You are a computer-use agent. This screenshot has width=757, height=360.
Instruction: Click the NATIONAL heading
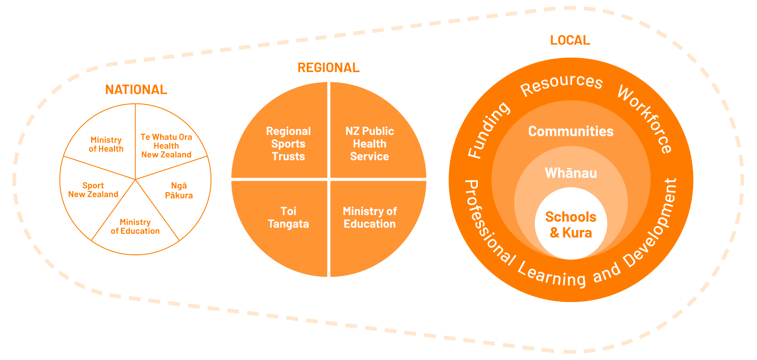(x=136, y=90)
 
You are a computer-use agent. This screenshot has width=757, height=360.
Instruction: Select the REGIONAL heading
(x=328, y=68)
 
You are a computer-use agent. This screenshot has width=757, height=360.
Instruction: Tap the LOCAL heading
(x=570, y=40)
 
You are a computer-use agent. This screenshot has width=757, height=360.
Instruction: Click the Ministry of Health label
(x=106, y=144)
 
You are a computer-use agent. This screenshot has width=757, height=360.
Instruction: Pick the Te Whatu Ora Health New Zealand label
(x=166, y=146)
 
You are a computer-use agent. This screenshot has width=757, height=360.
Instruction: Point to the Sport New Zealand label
(x=93, y=190)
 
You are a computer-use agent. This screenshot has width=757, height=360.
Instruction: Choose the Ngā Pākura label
(x=179, y=190)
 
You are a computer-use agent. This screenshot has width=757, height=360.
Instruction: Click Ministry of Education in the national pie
(x=135, y=227)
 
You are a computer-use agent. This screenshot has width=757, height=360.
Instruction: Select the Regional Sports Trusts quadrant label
(x=288, y=144)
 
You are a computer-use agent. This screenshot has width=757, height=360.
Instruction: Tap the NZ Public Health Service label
(x=369, y=144)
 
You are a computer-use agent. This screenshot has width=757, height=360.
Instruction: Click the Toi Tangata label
(x=288, y=217)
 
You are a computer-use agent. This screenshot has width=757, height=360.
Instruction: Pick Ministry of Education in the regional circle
(x=369, y=217)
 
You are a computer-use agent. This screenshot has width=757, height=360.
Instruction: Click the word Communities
(x=571, y=131)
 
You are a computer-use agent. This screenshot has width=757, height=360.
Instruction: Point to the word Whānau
(x=571, y=173)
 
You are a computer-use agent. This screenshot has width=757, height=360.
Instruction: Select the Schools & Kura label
(x=571, y=224)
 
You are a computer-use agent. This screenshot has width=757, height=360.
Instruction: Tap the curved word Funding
(x=488, y=130)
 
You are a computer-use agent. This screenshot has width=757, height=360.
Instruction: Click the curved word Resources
(x=561, y=84)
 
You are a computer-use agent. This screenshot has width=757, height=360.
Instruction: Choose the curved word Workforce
(x=645, y=118)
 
